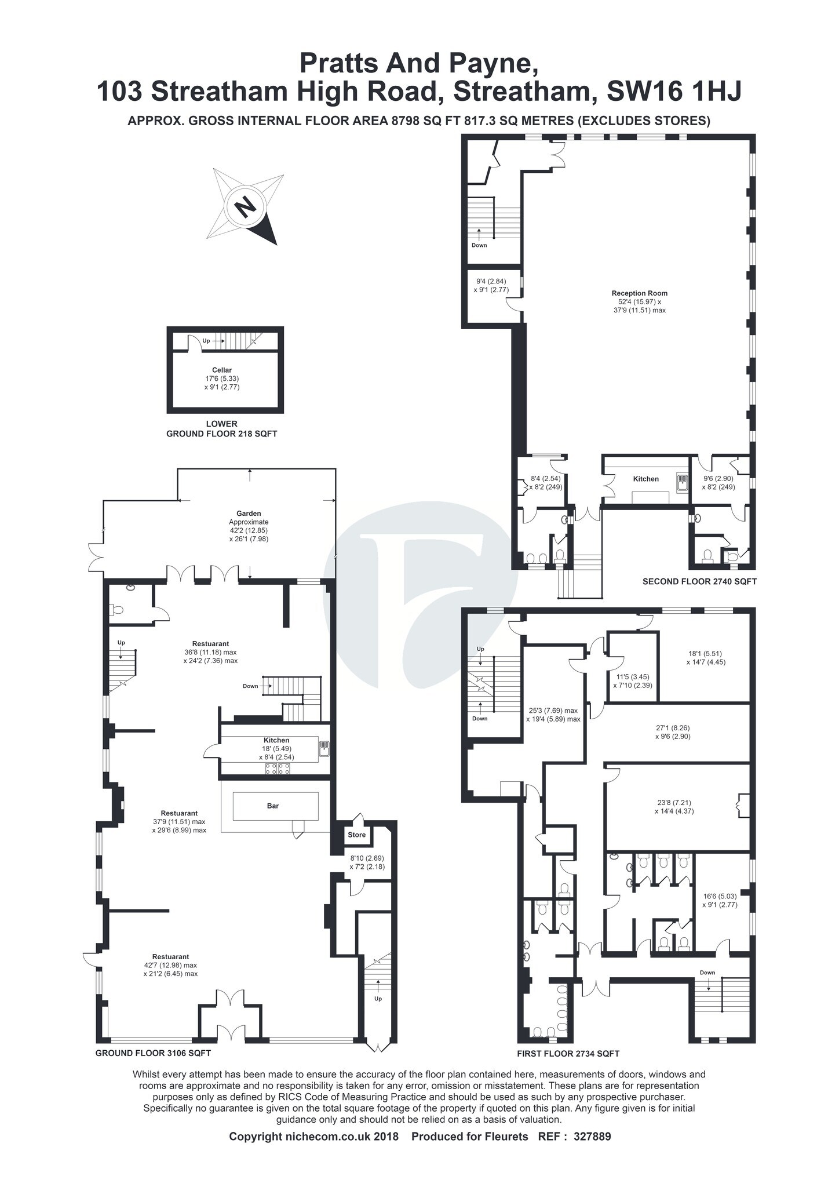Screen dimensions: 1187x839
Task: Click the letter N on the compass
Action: pyautogui.click(x=246, y=205)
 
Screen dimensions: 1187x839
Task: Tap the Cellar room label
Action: pyautogui.click(x=222, y=370)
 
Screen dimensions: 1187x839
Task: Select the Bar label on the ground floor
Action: pyautogui.click(x=273, y=806)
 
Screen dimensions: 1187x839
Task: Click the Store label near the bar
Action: pyautogui.click(x=357, y=835)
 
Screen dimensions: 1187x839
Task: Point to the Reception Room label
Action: pyautogui.click(x=640, y=293)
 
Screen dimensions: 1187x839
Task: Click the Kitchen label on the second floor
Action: pyautogui.click(x=645, y=479)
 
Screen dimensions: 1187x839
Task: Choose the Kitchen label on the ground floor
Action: pyautogui.click(x=276, y=740)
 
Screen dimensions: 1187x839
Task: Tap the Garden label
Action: pyautogui.click(x=249, y=513)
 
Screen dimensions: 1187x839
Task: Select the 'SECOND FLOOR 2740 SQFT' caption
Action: pyautogui.click(x=699, y=581)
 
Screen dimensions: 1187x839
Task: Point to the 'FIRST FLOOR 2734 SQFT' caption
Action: pyautogui.click(x=568, y=1054)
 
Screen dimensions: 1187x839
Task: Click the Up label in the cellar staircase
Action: pyautogui.click(x=206, y=341)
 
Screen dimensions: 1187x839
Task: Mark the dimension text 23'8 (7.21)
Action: pyautogui.click(x=673, y=803)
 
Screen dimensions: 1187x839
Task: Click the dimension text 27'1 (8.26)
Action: pyautogui.click(x=681, y=728)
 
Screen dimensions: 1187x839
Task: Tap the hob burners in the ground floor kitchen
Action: pyautogui.click(x=278, y=769)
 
